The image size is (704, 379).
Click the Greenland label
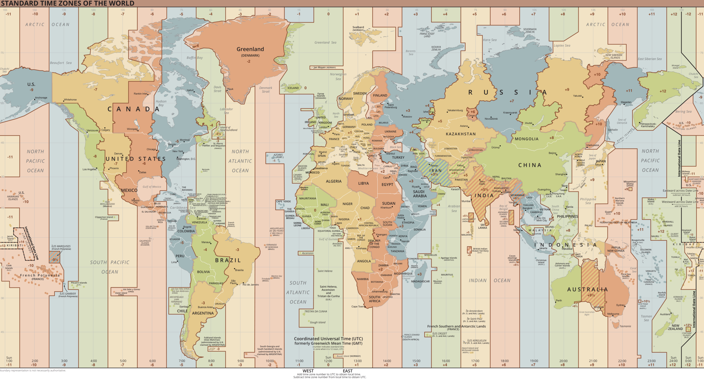coord(250,49)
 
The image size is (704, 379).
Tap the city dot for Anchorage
coord(35,99)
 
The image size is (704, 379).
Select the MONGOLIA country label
coord(526,139)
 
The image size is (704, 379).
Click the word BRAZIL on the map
coord(228,260)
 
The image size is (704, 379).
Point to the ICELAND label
coord(293,88)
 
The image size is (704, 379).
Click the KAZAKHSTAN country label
coord(461,134)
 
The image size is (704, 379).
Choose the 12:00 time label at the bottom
coord(328,361)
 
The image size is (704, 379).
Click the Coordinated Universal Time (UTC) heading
coord(328,339)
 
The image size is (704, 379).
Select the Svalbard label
coord(358,27)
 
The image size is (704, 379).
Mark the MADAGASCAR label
coord(420,282)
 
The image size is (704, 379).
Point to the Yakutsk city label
coord(577,96)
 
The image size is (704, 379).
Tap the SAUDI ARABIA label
coord(420,194)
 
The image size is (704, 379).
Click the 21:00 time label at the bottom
coord(593,361)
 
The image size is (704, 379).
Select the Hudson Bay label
coord(161,103)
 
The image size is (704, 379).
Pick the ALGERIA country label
coord(333,181)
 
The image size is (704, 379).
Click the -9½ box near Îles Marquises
coord(55,259)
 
